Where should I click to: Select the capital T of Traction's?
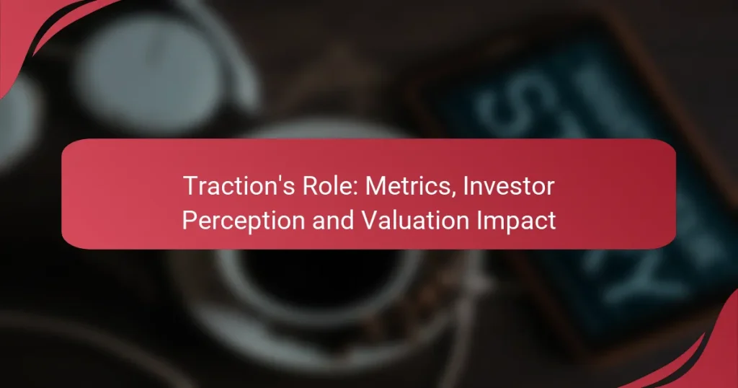pos(189,186)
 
